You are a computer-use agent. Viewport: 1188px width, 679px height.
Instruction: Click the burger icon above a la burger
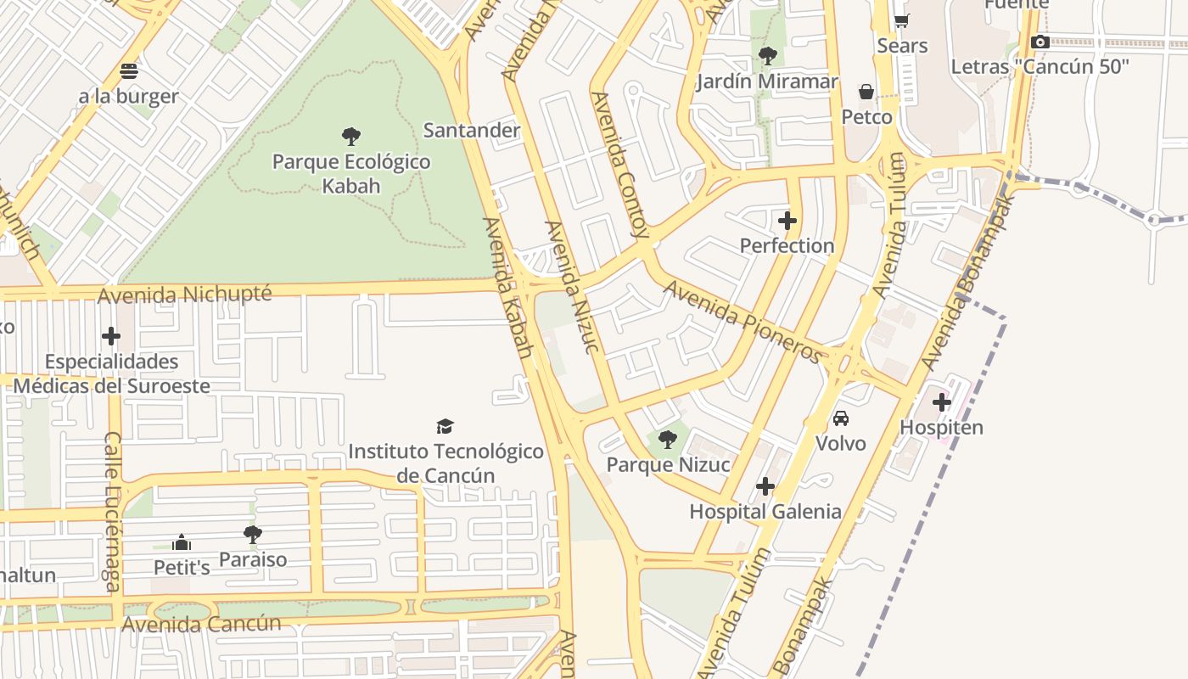[x=129, y=70]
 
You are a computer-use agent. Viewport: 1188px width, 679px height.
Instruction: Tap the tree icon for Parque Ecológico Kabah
[x=350, y=136]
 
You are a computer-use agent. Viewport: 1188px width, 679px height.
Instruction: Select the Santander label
[x=471, y=130]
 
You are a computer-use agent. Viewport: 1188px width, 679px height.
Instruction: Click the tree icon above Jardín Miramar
[x=767, y=56]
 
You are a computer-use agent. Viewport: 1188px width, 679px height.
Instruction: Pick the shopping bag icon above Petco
[x=866, y=92]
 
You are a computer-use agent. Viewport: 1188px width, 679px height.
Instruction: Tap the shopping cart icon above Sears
[x=901, y=20]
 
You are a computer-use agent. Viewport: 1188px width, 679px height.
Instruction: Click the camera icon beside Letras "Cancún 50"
[x=1039, y=42]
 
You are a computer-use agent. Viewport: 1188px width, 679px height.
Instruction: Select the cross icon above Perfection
[x=787, y=221]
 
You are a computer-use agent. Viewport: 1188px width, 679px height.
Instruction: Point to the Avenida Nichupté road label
[x=185, y=295]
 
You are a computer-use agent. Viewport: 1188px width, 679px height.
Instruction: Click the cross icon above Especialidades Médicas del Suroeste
[x=111, y=336]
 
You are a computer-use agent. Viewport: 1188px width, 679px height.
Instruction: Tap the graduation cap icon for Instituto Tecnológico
[x=445, y=426]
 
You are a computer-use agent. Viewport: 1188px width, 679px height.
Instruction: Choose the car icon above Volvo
[x=840, y=418]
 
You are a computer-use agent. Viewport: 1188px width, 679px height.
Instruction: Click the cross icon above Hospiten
[x=941, y=402]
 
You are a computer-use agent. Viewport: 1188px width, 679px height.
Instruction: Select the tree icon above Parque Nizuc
[x=668, y=440]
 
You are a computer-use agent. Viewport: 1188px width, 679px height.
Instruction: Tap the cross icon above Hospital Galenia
[x=765, y=486]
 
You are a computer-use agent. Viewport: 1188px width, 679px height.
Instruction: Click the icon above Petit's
[x=181, y=542]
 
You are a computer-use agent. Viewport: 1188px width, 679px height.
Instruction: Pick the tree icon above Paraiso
[x=252, y=535]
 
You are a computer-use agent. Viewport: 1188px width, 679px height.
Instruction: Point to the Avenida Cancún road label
[x=201, y=624]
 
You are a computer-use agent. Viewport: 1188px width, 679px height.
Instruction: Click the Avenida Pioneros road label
[x=743, y=321]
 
